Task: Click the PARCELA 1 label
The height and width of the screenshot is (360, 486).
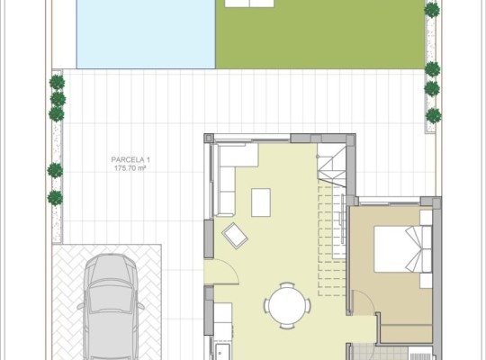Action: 130,159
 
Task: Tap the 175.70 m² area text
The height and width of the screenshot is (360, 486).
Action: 130,168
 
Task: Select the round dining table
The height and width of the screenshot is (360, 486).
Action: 287,305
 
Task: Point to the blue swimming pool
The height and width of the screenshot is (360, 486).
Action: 146,34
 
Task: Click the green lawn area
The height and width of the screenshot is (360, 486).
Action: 319,34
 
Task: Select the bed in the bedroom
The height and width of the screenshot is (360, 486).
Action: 402,249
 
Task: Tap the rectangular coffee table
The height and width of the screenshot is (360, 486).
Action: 261,202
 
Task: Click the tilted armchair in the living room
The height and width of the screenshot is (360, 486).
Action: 235,235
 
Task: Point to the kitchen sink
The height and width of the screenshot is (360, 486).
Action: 222,352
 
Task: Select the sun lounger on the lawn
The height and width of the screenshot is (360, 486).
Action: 249,3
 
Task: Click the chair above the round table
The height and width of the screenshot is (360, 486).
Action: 287,284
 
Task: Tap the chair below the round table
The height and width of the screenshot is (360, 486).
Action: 287,326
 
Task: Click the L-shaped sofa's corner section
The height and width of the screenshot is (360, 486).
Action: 238,155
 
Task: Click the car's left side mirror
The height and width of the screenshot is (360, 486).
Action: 81,306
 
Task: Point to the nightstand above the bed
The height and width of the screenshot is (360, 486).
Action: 426,218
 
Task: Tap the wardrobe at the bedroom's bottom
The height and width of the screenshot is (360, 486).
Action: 406,334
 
